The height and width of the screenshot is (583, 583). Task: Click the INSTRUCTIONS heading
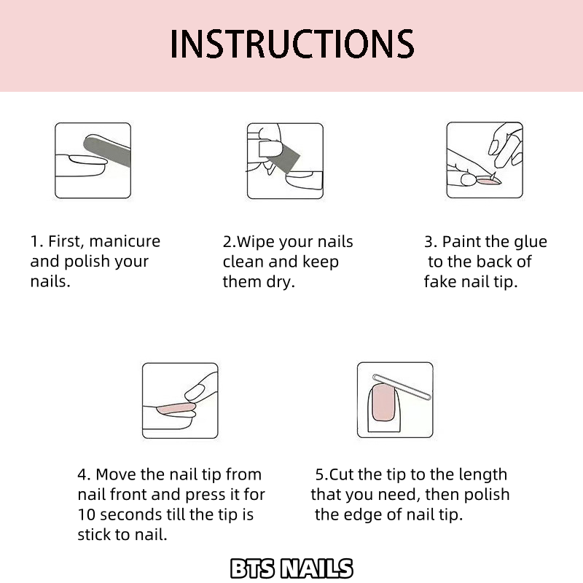292,44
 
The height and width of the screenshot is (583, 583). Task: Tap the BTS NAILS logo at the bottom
291,568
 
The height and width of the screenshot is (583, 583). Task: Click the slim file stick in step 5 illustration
402,387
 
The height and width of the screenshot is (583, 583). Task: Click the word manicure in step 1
125,241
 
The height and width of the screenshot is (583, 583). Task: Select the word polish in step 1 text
87,262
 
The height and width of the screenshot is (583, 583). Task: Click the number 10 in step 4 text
86,515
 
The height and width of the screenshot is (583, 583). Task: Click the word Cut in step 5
342,475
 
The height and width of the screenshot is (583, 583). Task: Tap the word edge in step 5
363,516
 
